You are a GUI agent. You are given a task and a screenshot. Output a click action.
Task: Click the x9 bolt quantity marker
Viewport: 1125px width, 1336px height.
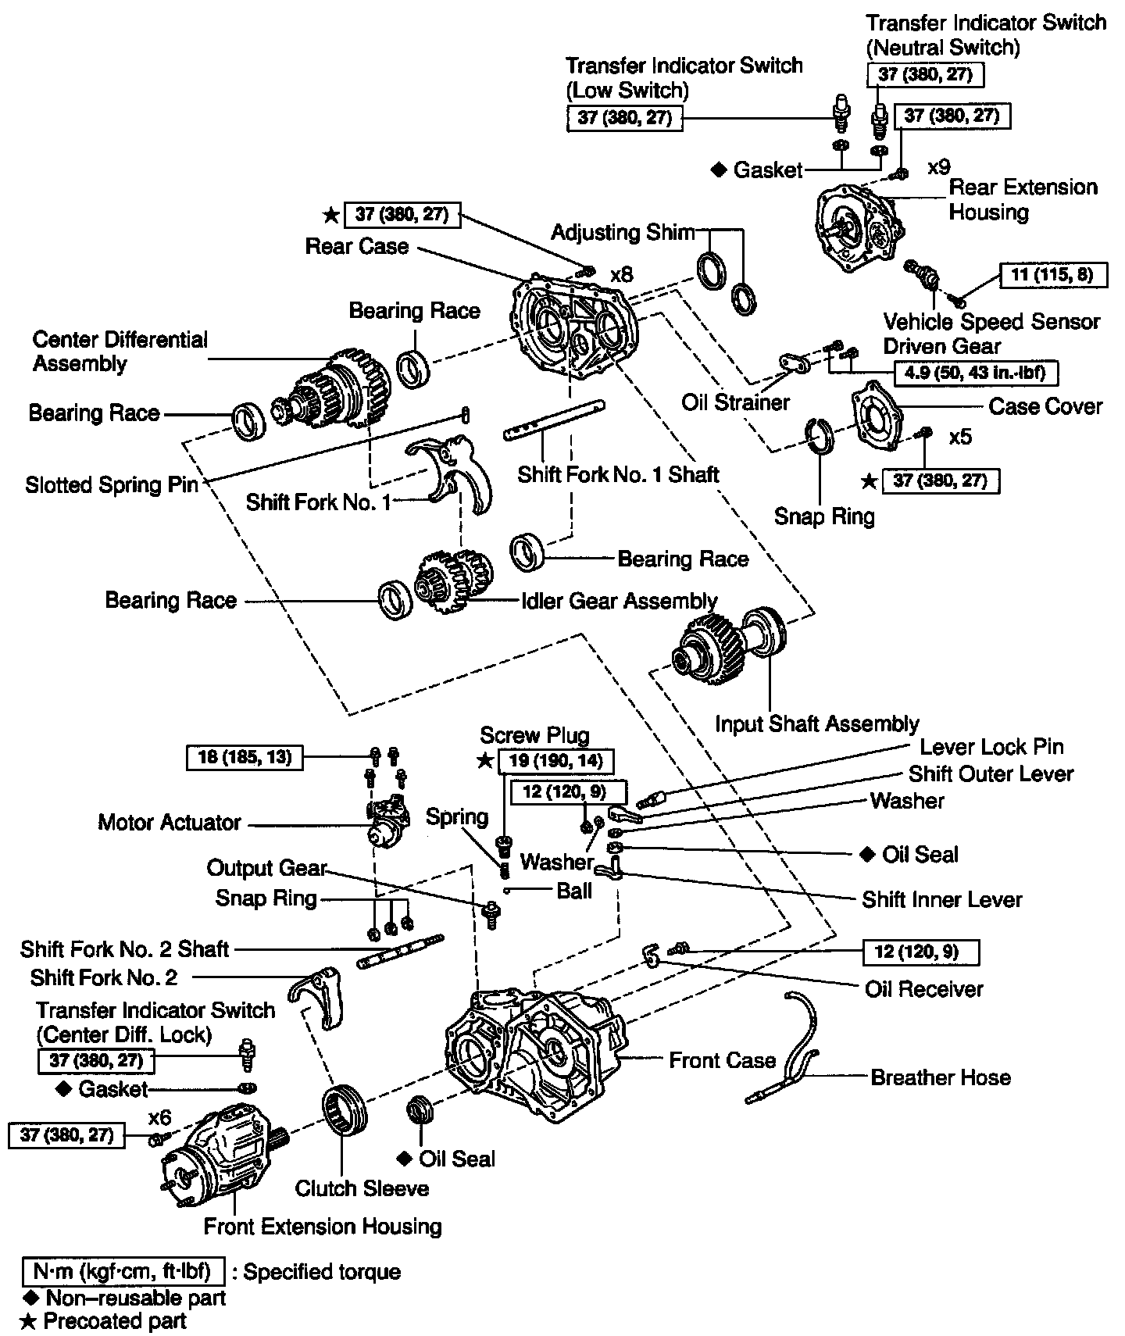coord(938,168)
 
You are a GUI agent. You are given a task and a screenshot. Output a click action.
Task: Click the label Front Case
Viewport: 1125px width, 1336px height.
coord(722,1060)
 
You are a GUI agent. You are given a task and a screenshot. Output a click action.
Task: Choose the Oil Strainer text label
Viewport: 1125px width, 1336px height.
coord(735,402)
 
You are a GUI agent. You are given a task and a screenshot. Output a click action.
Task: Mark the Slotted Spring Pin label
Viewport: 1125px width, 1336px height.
coord(112,485)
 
